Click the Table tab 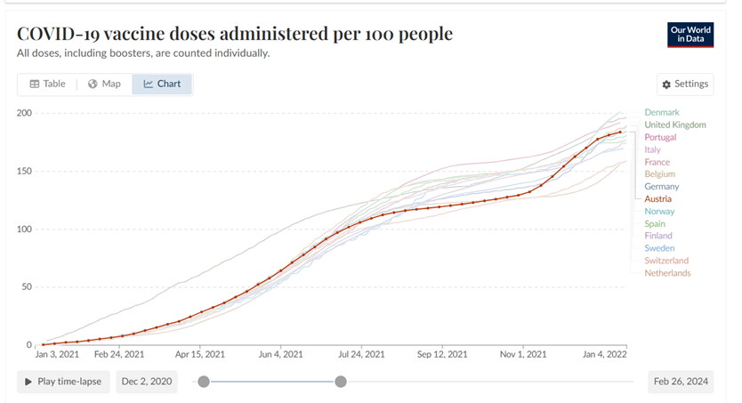[x=47, y=85]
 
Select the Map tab [x=104, y=85]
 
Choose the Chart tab [x=162, y=85]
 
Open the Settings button [x=685, y=85]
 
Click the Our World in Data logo [x=690, y=35]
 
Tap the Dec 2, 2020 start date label [x=146, y=382]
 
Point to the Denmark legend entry [x=661, y=113]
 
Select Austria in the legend [x=659, y=199]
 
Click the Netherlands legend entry [x=667, y=273]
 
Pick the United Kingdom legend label [x=674, y=125]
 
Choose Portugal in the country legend [x=660, y=138]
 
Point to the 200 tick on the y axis [x=24, y=113]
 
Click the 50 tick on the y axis [x=27, y=287]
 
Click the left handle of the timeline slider [x=204, y=382]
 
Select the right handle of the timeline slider [x=340, y=382]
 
